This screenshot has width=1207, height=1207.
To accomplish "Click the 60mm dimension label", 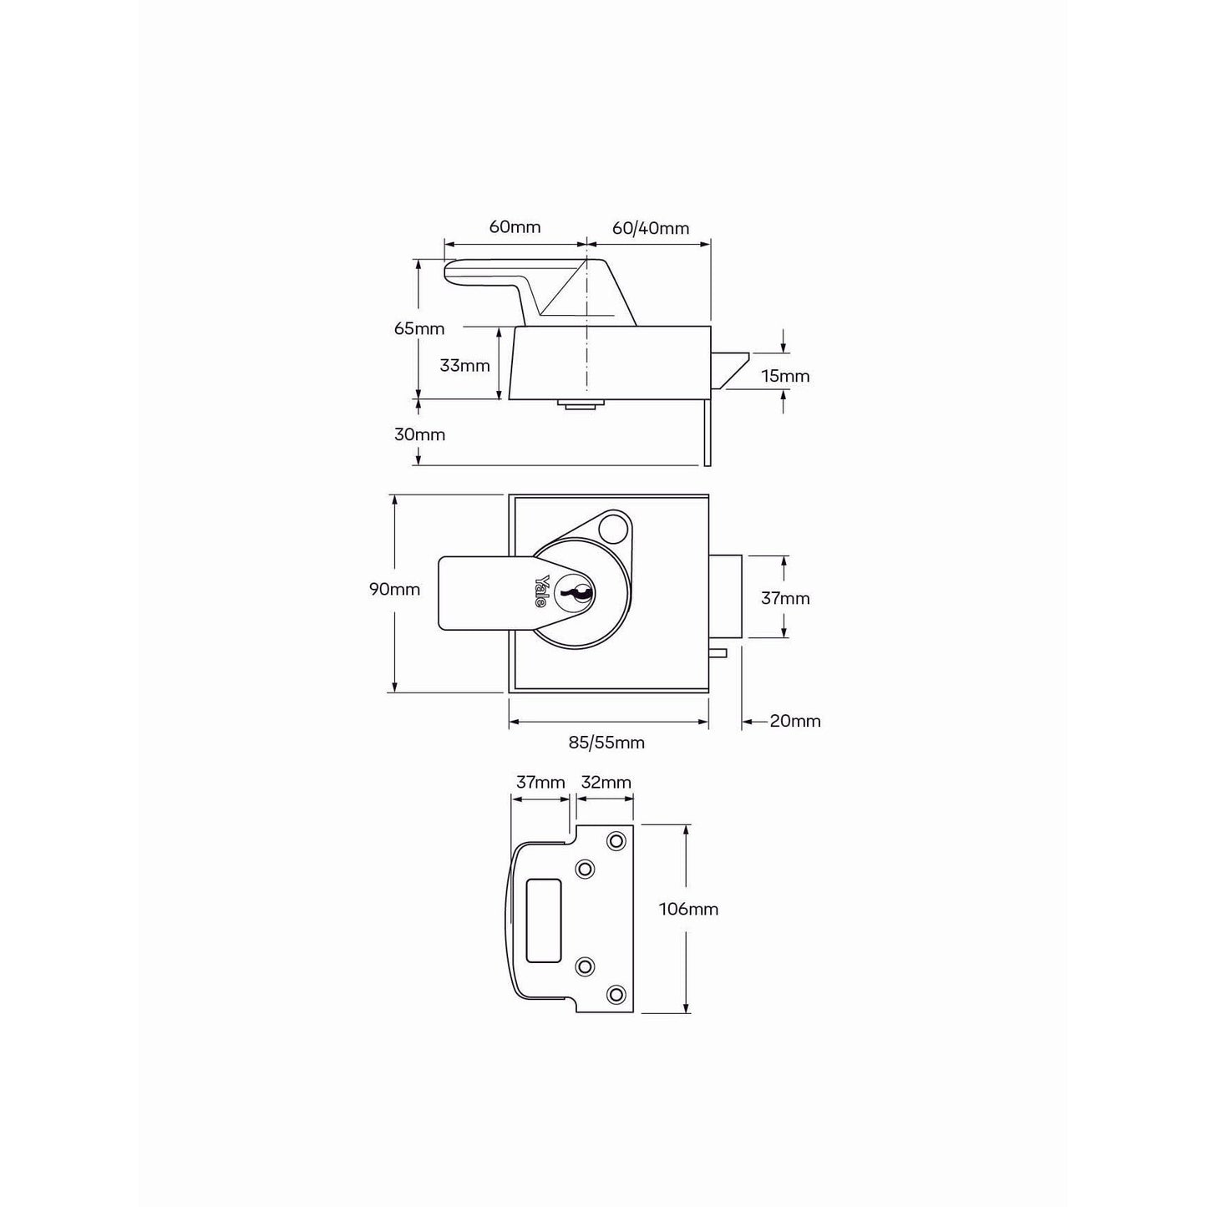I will click(515, 227).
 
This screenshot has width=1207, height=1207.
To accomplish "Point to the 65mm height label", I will click(419, 328).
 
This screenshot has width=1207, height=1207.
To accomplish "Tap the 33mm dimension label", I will click(464, 365).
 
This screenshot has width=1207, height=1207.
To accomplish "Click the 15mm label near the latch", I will click(785, 376).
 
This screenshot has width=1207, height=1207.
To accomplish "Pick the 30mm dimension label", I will click(419, 434).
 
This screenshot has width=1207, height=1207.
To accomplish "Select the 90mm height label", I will click(394, 590).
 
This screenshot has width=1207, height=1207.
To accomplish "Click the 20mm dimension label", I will click(795, 721).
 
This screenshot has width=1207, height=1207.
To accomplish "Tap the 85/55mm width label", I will click(606, 743).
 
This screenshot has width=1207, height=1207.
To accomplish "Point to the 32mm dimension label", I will click(606, 782).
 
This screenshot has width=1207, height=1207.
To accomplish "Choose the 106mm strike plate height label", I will click(688, 909).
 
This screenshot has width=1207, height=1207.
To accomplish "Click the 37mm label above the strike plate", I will click(540, 782).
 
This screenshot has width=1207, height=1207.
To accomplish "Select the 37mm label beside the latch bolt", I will click(785, 598).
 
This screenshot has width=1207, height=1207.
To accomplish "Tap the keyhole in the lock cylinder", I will click(578, 593).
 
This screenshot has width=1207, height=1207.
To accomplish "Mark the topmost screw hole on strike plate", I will click(616, 840).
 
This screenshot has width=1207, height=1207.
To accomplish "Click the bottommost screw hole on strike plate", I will click(616, 994).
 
